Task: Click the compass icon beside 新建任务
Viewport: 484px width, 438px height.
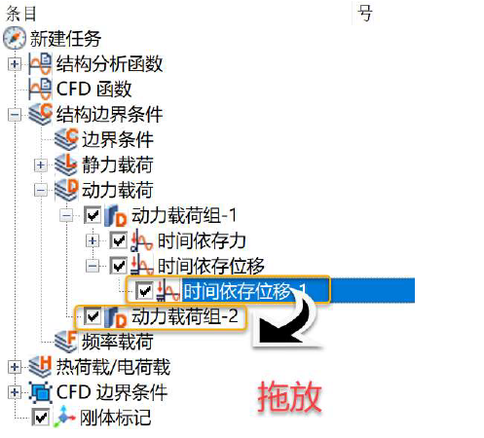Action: coord(15,38)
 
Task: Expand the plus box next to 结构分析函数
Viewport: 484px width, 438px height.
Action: coord(15,63)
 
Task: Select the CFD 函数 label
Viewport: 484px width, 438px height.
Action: coord(93,89)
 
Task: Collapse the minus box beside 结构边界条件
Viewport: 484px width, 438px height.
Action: coord(15,115)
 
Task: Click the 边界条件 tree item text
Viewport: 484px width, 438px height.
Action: coord(118,140)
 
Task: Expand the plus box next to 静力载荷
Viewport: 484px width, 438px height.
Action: coord(40,165)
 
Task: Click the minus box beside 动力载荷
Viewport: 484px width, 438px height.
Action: coord(40,191)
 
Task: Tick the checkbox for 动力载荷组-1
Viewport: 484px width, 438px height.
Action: coord(93,215)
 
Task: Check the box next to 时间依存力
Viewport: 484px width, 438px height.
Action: coord(118,240)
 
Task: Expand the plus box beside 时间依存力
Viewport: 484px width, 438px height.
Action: coord(93,241)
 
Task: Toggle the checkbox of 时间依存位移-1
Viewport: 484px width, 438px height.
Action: coord(144,291)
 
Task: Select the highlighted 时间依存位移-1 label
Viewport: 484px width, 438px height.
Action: coord(245,291)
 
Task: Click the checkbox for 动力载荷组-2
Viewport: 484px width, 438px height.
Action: coord(93,316)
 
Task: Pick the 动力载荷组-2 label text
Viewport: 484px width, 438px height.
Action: coord(185,316)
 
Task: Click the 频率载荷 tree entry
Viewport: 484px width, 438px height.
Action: coord(118,342)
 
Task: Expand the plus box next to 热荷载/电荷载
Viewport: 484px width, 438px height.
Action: coord(15,367)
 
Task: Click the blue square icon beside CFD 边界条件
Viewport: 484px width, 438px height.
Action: coord(40,392)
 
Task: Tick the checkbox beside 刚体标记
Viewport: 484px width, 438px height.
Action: coord(41,418)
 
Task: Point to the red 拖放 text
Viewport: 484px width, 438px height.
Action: coord(289,397)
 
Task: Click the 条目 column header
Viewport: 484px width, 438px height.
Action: coord(21,14)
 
